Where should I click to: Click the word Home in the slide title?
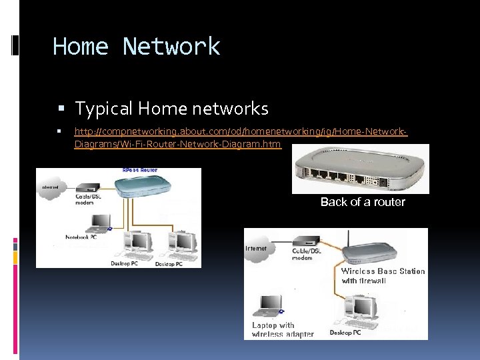point(80,47)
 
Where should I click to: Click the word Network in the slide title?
point(171,47)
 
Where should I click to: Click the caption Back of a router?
point(363,202)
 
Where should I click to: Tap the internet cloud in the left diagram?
point(50,187)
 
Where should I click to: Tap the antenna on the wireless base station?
point(349,239)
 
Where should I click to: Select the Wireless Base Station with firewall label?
point(383,276)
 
